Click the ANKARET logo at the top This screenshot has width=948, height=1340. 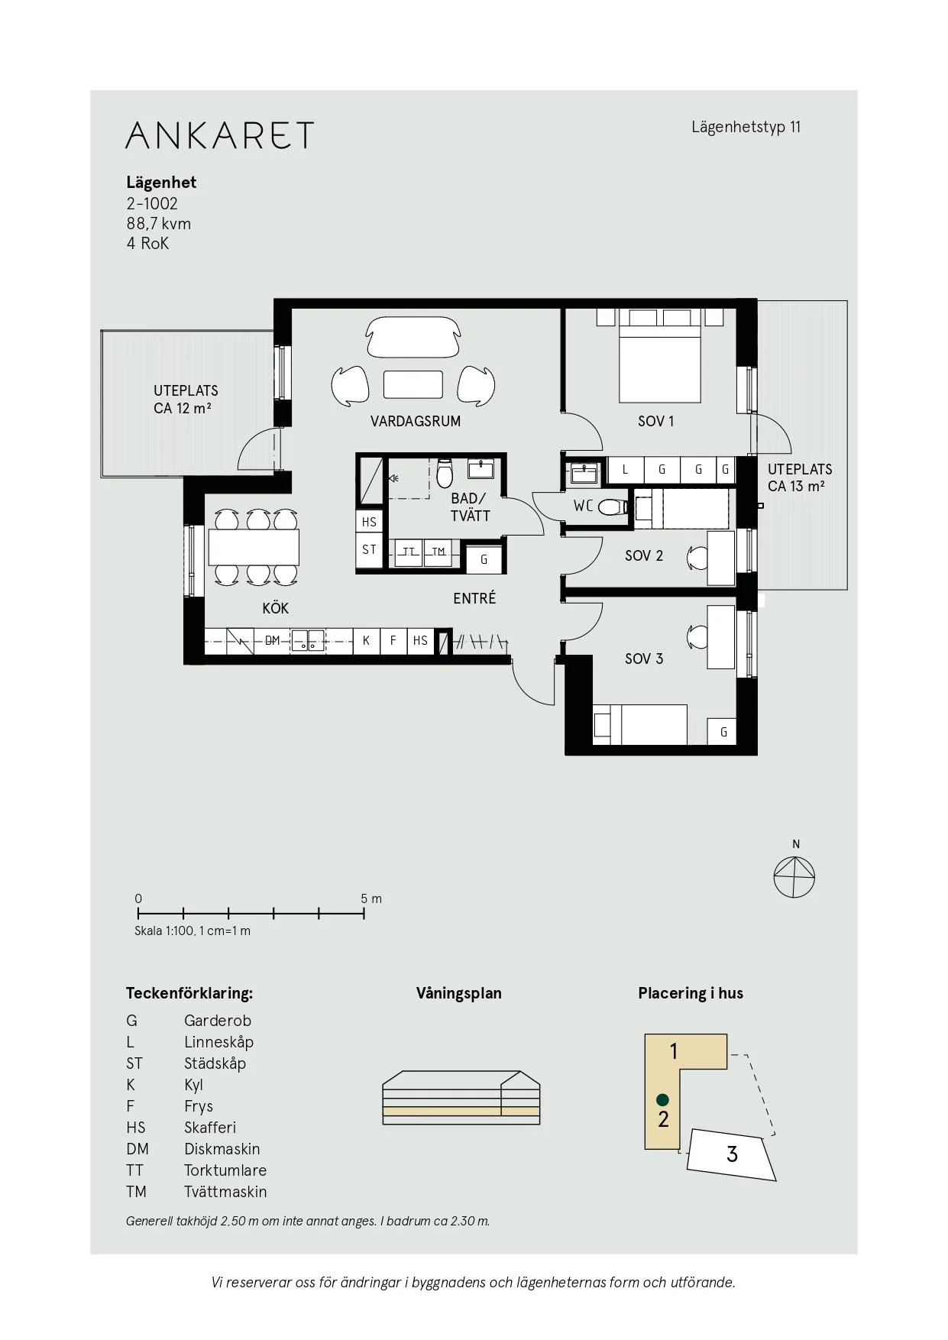[219, 134]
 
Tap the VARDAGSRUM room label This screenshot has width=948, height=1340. [416, 421]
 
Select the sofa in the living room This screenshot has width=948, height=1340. [413, 337]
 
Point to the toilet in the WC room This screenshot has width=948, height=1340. [613, 507]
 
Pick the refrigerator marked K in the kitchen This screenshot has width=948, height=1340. [367, 640]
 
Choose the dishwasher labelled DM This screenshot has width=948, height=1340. [273, 640]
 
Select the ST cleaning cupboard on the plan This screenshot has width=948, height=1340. [370, 549]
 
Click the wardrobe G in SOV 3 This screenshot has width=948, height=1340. [723, 732]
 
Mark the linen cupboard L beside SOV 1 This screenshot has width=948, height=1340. [625, 470]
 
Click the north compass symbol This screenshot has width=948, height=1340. [794, 876]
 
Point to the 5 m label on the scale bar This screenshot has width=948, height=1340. [371, 898]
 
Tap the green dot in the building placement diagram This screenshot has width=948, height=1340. [663, 1099]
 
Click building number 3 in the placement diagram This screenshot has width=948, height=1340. [732, 1154]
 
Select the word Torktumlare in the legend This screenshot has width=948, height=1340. [225, 1170]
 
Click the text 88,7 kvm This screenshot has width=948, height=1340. [159, 224]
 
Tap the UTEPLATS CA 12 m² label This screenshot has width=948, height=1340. [186, 400]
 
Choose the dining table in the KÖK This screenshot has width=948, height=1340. [254, 547]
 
